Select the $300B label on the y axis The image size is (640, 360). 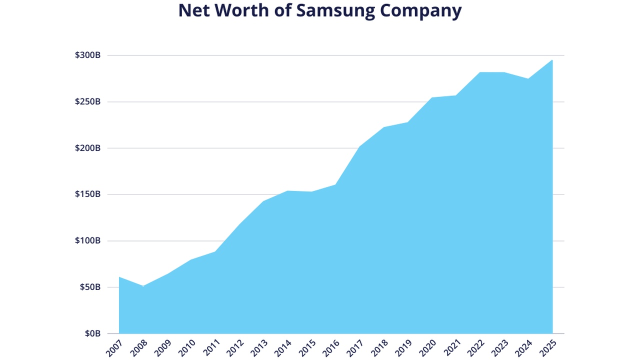87,55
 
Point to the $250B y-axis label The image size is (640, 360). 87,101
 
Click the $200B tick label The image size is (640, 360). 87,148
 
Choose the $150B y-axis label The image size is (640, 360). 87,194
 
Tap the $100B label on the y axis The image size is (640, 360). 87,240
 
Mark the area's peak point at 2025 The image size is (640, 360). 552,60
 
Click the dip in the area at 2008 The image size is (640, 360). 143,286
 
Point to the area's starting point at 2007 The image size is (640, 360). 119,277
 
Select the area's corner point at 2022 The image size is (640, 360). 480,72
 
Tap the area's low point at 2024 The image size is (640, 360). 528,78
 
